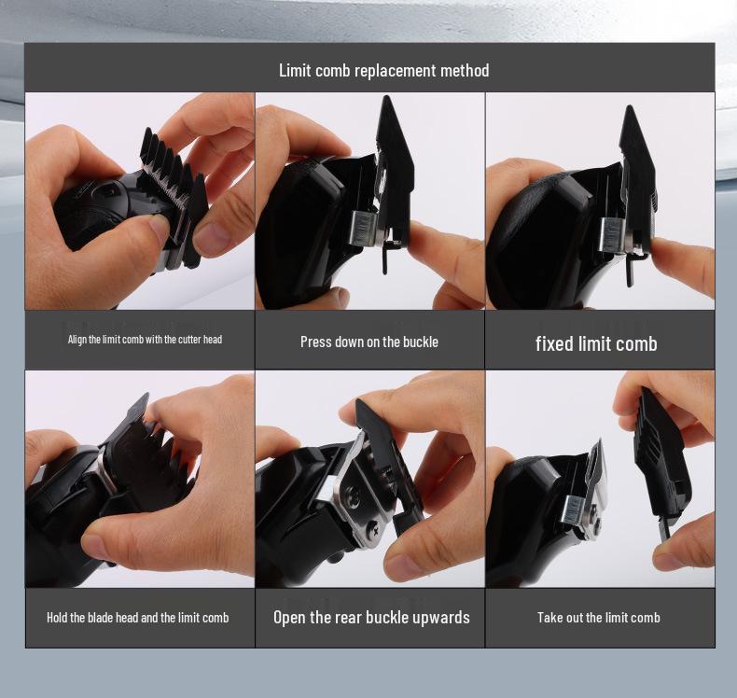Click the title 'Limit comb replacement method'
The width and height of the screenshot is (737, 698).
tap(383, 71)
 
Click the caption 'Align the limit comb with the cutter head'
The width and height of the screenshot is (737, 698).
tap(145, 340)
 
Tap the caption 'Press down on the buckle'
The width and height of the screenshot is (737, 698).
tap(369, 342)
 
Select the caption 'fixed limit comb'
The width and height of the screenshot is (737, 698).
tap(596, 343)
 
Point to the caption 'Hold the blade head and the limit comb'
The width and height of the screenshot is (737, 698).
tap(138, 617)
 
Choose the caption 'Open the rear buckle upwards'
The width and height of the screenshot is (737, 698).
tap(371, 617)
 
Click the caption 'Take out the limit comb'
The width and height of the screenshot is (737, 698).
tap(598, 617)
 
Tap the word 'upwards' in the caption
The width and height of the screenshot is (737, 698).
tap(441, 617)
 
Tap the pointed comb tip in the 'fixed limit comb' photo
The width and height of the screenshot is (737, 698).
tap(630, 108)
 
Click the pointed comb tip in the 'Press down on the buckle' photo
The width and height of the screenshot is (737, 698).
tap(386, 99)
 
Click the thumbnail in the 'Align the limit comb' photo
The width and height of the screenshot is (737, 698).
tap(158, 226)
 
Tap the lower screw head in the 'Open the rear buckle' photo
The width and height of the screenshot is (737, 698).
tap(374, 527)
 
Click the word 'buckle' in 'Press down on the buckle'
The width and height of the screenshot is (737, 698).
tap(419, 342)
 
